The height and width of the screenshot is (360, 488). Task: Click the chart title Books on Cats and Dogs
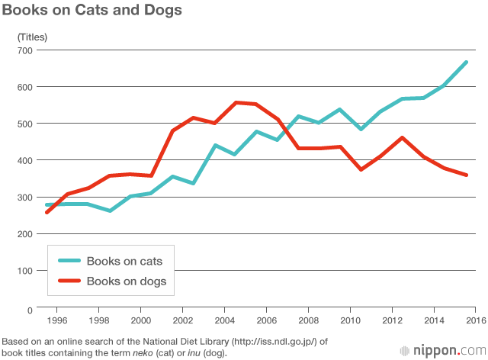coord(91,11)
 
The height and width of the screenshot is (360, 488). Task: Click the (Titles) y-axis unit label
coord(33,36)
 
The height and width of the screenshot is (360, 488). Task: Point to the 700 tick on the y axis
coord(25,50)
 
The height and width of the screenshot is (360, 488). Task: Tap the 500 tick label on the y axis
coord(25,124)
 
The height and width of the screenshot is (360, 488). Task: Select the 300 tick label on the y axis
coord(25,198)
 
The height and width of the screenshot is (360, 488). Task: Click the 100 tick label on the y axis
coord(25,271)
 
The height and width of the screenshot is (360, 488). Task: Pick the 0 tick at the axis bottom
coord(30,310)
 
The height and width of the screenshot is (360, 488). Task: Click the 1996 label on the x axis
coord(63,321)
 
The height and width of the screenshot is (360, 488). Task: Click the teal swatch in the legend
coord(67,262)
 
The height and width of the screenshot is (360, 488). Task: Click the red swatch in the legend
coord(67,281)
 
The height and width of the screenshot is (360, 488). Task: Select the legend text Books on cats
coord(124,262)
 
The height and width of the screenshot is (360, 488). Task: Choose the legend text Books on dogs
coord(126,281)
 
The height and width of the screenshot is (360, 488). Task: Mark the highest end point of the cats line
coord(466,62)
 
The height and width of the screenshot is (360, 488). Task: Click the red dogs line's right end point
coord(466,175)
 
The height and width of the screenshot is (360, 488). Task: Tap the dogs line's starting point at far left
coord(47,212)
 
